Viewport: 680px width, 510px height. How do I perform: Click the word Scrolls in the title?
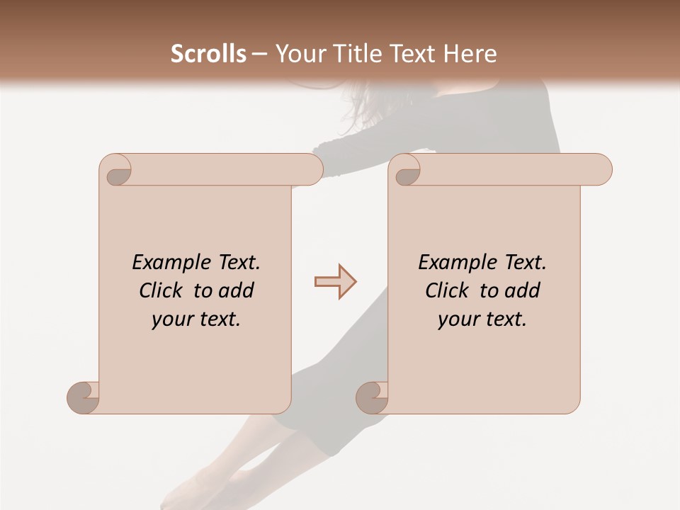click(208, 54)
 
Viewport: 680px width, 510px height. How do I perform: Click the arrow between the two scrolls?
click(335, 281)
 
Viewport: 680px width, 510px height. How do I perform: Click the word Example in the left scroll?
click(164, 263)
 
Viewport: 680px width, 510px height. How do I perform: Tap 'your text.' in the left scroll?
click(196, 319)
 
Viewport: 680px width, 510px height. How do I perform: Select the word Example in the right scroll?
click(450, 263)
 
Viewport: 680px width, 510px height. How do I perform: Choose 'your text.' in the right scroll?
click(482, 319)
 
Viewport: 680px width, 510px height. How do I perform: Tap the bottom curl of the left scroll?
click(84, 397)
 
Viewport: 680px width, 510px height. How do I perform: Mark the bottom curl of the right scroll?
click(372, 397)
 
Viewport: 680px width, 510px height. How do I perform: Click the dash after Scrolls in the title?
click(259, 54)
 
